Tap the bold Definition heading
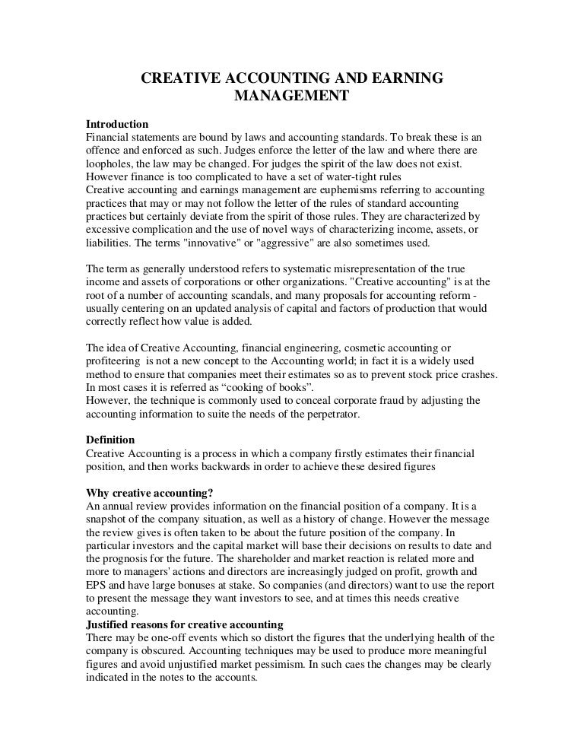point(110,440)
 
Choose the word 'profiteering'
point(114,361)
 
